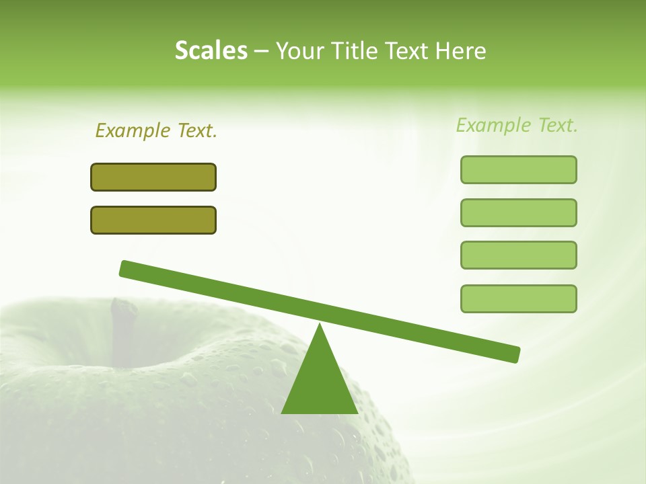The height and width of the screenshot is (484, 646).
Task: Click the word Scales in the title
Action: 211,51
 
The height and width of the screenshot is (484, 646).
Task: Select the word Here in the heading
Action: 461,51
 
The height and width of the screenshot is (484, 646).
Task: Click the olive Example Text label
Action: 156,131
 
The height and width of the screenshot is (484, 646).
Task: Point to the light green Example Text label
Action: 517,125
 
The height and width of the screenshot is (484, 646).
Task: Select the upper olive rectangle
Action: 153,177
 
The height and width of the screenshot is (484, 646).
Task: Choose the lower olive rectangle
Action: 153,220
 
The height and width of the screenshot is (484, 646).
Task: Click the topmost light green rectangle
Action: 518,169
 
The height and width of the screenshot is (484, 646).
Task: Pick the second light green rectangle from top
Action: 518,212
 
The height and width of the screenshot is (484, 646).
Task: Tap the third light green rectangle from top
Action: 518,255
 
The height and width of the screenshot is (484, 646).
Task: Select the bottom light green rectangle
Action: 518,298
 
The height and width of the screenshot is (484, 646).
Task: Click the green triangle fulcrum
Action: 320,383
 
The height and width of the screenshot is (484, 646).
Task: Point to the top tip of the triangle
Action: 320,325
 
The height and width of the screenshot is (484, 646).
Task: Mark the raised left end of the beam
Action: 125,268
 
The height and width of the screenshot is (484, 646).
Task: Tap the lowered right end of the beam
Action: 515,354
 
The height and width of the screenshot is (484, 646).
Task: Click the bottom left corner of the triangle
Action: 283,412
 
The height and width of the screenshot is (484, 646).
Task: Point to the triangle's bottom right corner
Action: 357,412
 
